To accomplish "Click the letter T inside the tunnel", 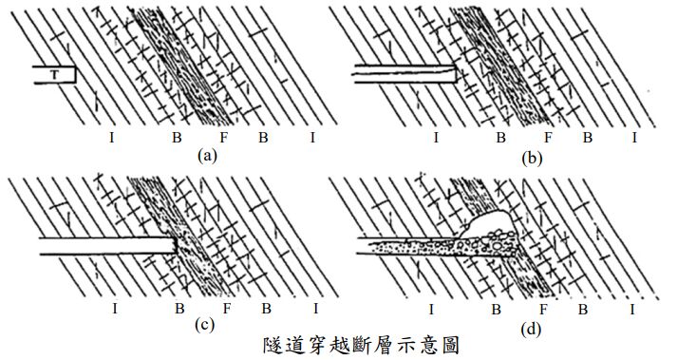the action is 54,75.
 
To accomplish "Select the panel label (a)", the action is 206,155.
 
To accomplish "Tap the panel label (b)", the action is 531,159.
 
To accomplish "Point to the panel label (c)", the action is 204,325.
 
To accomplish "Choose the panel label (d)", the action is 531,330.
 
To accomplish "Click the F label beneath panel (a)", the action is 223,138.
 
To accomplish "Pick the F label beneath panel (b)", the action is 548,138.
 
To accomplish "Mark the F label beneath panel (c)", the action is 227,309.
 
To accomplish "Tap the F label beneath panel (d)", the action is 543,310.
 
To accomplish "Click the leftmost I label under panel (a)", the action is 112,138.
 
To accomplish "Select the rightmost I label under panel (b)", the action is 634,138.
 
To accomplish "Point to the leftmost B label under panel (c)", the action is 179,309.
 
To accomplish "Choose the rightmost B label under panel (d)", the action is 583,310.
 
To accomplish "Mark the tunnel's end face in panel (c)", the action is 175,245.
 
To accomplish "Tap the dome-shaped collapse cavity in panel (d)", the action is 488,222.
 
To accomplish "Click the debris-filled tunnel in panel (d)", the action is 439,246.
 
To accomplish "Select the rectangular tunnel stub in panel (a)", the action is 54,75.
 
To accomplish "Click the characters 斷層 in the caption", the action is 362,346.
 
